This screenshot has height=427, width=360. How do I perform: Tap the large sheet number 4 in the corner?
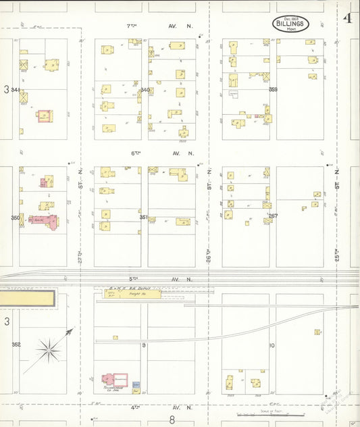(346, 18)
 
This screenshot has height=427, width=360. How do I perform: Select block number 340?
(145, 90)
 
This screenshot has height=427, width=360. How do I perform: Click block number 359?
(273, 89)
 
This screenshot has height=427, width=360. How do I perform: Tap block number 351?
(143, 218)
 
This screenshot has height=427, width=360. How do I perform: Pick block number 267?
(273, 216)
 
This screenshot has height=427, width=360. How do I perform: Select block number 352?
(16, 345)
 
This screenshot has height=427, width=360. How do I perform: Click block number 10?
(272, 345)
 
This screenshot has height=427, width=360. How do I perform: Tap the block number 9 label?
(144, 345)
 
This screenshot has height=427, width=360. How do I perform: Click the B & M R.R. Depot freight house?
(132, 294)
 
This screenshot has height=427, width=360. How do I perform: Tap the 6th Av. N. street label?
(162, 153)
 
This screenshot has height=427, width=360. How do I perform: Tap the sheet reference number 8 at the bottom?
(172, 420)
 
